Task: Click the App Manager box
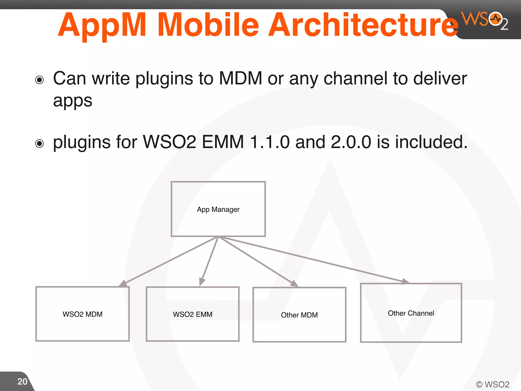(218, 209)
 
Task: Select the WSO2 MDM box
(82, 314)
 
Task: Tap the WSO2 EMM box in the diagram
(193, 314)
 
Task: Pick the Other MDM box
(299, 315)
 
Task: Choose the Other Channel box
(411, 313)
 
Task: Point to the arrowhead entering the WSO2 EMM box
(202, 282)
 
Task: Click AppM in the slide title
(102, 25)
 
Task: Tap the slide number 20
(22, 382)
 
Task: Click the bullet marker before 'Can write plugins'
(39, 80)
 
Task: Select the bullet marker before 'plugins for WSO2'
(39, 144)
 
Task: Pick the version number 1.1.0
(270, 142)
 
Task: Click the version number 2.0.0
(351, 142)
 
